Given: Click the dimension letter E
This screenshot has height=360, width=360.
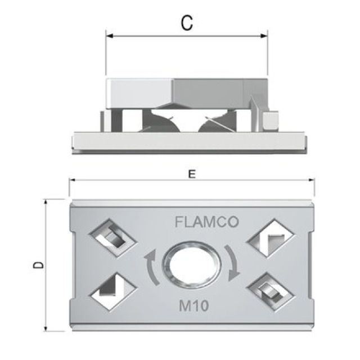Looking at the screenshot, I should click(x=192, y=175).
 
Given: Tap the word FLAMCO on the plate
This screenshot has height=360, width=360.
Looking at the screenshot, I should click(x=207, y=222).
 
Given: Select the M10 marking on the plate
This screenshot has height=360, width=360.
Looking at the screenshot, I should click(x=193, y=307).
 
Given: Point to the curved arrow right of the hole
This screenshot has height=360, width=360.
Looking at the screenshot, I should click(x=233, y=262).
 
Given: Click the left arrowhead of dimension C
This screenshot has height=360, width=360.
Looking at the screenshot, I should click(x=109, y=37).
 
